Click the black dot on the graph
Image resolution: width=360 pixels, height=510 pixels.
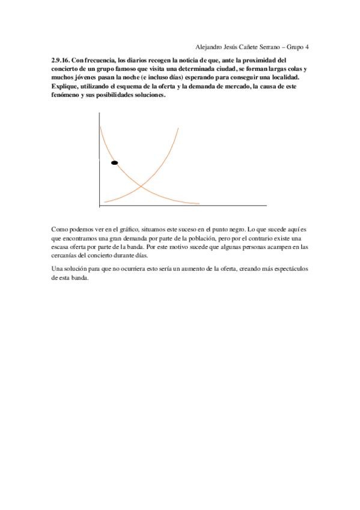(x=114, y=162)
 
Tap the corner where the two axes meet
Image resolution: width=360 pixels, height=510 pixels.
(x=99, y=206)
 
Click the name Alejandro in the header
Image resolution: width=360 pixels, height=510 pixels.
(x=210, y=47)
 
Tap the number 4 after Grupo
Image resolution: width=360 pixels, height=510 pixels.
(x=307, y=47)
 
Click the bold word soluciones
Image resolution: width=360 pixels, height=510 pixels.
(x=145, y=96)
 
